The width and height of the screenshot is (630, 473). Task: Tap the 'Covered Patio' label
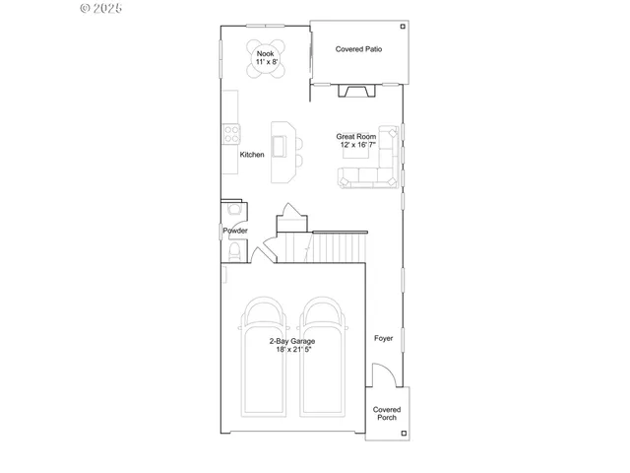(x=358, y=48)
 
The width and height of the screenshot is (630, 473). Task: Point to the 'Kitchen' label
(x=252, y=155)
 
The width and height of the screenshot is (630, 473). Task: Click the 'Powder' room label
(x=235, y=231)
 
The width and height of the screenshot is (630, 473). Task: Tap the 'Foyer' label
(x=383, y=338)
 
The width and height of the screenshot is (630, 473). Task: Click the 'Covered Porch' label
(x=386, y=413)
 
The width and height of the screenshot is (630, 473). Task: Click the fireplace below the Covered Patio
(x=356, y=92)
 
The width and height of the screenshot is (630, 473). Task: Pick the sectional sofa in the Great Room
(x=374, y=168)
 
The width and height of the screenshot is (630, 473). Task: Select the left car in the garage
(x=263, y=355)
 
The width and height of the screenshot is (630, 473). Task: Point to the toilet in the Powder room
(x=232, y=254)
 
